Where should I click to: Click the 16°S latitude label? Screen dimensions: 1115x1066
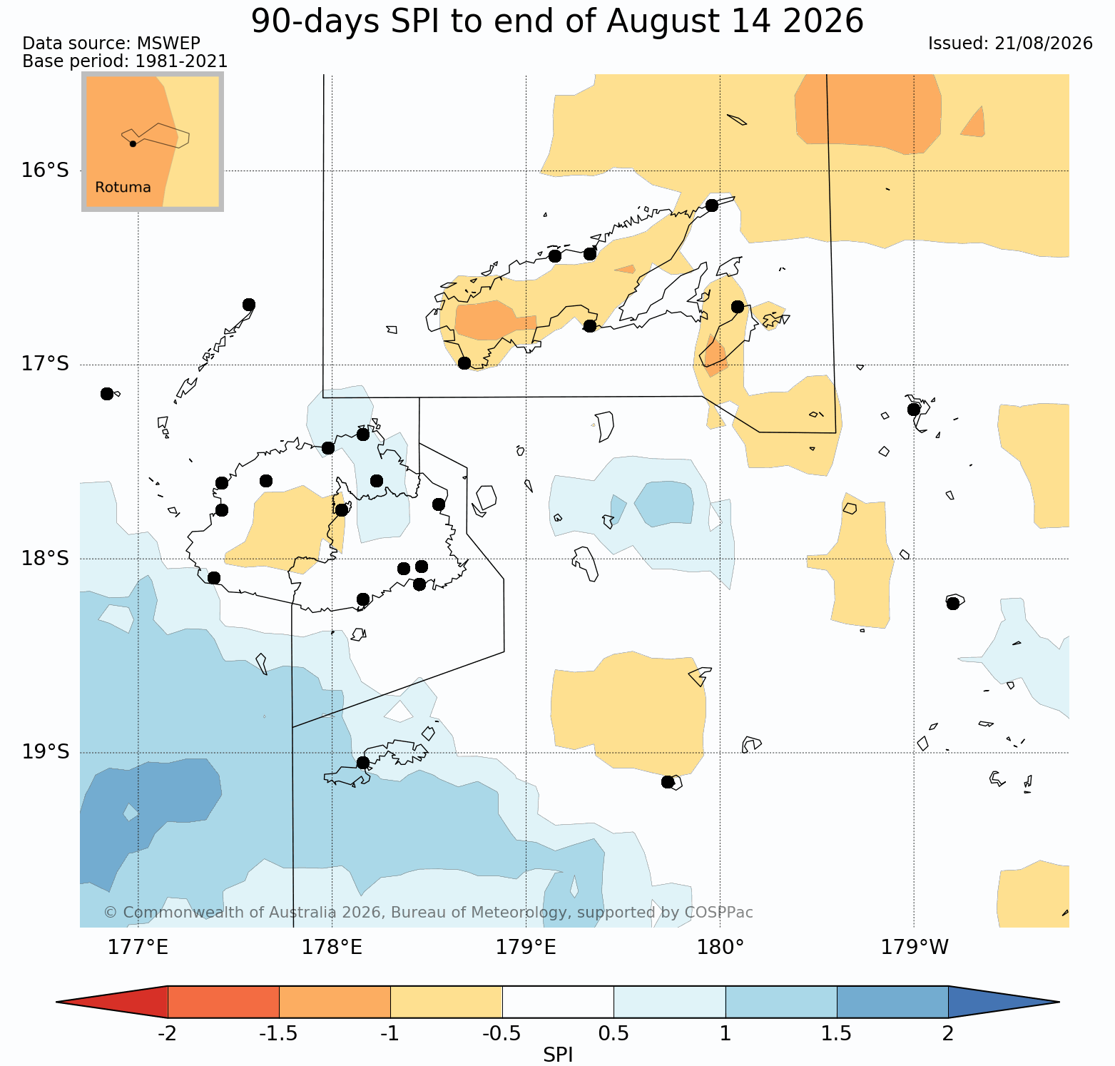click(45, 171)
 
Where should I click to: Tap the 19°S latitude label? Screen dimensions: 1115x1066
click(45, 752)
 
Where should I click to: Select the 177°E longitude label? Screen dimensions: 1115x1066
click(138, 948)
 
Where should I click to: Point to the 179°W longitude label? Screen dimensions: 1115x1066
click(915, 948)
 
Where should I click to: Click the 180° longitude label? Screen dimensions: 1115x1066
click(721, 948)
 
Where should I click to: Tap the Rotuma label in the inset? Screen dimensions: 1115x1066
click(123, 188)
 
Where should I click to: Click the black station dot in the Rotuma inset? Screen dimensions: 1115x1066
click(133, 143)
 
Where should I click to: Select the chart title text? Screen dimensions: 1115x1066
click(557, 21)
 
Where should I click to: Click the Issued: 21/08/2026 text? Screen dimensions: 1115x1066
click(1010, 44)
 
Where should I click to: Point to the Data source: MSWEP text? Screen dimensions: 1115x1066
click(111, 44)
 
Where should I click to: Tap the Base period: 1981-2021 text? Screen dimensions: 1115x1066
click(125, 61)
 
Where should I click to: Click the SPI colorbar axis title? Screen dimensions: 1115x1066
click(558, 1055)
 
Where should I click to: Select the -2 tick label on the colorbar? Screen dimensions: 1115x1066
click(167, 1033)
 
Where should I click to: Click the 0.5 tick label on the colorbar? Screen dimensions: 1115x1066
click(613, 1033)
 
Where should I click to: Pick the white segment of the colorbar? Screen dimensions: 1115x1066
click(558, 1002)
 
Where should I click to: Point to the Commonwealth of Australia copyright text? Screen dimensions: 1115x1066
click(428, 913)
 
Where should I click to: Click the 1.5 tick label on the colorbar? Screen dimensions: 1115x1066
click(837, 1033)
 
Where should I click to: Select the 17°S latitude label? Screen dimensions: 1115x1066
click(45, 364)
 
